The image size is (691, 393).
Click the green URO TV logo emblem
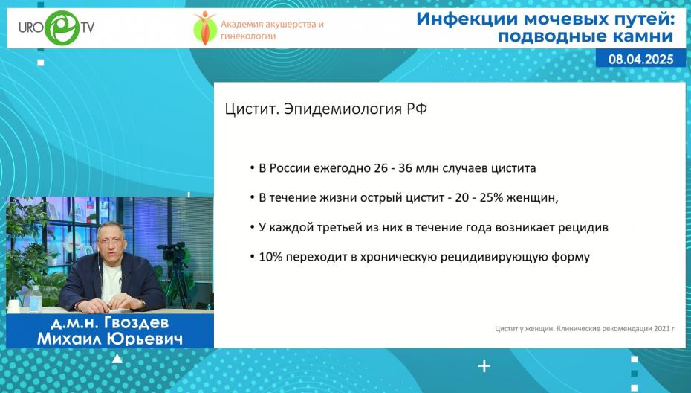(x=62, y=28)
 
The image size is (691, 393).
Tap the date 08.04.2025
(x=640, y=60)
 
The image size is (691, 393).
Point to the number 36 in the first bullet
(x=406, y=168)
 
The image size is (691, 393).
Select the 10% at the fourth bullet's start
(x=270, y=257)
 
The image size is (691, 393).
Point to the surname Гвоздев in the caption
(x=136, y=323)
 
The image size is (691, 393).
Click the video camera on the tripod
(x=172, y=252)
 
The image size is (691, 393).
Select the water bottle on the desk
(x=35, y=298)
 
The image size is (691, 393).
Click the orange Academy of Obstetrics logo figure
(x=205, y=28)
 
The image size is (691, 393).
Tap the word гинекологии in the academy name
(x=248, y=36)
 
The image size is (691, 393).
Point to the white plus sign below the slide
(x=484, y=366)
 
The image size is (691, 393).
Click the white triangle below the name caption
(x=117, y=359)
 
